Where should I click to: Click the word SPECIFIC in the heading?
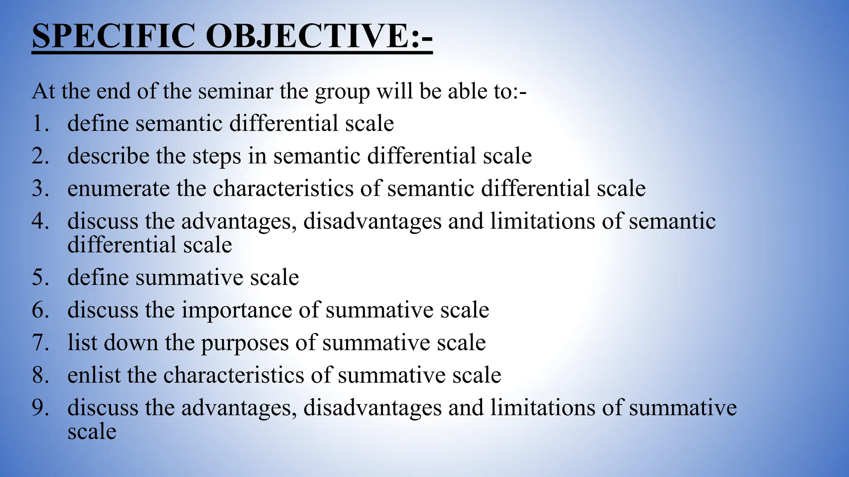tap(113, 36)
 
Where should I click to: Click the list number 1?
tap(40, 123)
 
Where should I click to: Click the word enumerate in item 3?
tap(119, 188)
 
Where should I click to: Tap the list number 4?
tap(40, 221)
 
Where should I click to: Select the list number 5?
tap(40, 277)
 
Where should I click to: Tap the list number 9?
tap(40, 407)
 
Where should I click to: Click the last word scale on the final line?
tap(92, 432)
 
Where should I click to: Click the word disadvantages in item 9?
tap(372, 407)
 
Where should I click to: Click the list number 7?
tap(40, 343)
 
